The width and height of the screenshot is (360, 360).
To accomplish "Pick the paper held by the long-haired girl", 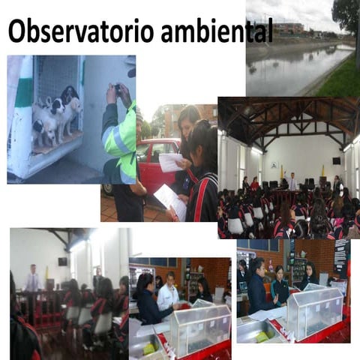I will click(x=170, y=162).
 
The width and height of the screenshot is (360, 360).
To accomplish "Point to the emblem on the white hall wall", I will click(x=274, y=165).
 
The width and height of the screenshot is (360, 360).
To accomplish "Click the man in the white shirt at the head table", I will click(x=292, y=181).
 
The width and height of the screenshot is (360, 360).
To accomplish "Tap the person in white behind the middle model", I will click(x=169, y=292).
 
